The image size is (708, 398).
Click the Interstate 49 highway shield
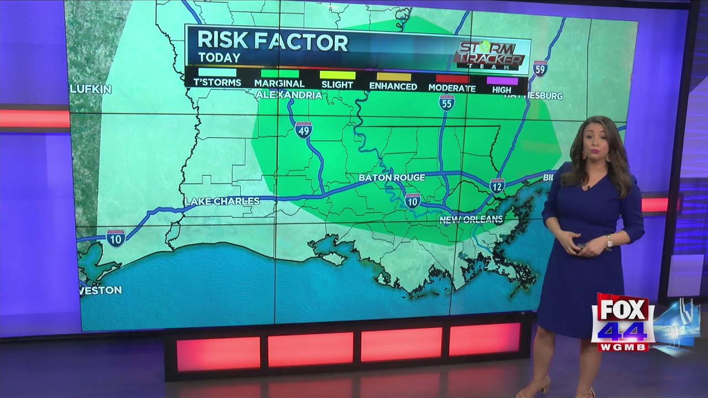(303, 129)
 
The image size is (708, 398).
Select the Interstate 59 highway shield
(540, 68)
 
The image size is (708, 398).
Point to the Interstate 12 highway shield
(497, 185)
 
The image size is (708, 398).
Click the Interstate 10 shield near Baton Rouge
(412, 201)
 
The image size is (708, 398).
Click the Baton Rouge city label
(392, 177)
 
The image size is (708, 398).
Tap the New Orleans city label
(471, 219)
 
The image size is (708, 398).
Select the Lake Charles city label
(222, 201)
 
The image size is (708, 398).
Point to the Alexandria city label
(289, 95)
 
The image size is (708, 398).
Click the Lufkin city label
(91, 89)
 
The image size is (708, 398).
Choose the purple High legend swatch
(502, 81)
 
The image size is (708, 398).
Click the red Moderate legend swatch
(452, 78)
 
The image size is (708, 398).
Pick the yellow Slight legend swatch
(337, 75)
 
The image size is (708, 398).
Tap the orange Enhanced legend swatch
(394, 77)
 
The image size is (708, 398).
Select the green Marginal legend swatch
(279, 74)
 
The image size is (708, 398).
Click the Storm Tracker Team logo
(489, 56)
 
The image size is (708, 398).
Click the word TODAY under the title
(219, 57)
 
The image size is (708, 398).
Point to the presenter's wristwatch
(609, 241)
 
